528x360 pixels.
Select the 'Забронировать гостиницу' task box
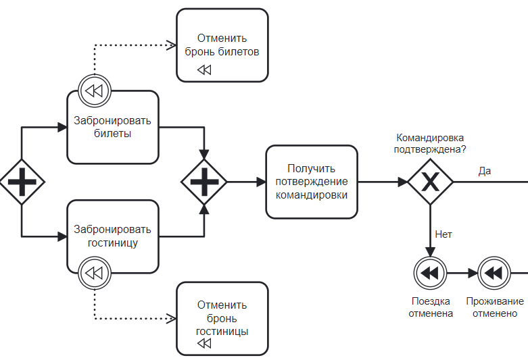(112, 236)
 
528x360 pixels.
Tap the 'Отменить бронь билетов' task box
(222, 45)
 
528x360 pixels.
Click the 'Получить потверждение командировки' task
(312, 182)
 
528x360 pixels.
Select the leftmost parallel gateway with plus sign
(22, 182)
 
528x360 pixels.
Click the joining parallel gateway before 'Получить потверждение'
(204, 182)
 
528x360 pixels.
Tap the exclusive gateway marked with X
(430, 182)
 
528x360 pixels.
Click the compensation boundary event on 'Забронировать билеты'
(94, 91)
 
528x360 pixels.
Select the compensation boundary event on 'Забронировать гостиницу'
(94, 274)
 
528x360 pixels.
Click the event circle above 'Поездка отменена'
(431, 273)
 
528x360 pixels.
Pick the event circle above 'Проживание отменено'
(494, 273)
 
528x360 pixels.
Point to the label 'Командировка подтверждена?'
(430, 143)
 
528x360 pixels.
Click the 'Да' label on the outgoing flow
(484, 171)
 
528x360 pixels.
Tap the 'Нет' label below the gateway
(443, 234)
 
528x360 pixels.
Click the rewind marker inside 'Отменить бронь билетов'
(204, 70)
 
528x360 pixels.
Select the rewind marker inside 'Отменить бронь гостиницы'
(204, 344)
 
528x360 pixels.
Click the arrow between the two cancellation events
(462, 273)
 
